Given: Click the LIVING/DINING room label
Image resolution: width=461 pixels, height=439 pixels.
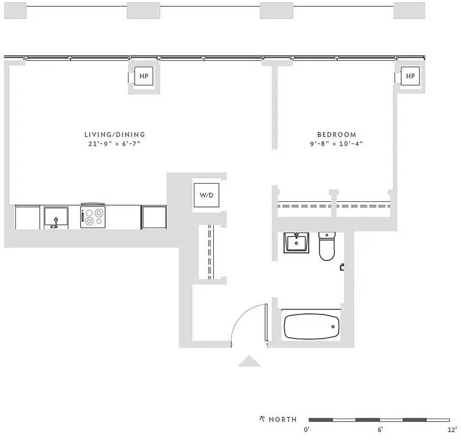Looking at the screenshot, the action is tap(115, 135).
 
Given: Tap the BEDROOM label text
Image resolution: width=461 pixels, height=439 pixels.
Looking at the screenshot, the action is tap(337, 135).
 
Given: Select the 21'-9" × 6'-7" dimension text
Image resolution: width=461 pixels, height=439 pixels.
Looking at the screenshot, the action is tap(114, 144).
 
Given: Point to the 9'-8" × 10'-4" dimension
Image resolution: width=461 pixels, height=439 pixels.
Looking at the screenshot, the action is tap(337, 144).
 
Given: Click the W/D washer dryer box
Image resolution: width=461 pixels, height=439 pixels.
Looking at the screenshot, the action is tap(206, 195).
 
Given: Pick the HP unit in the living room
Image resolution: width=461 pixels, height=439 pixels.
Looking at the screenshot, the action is tap(144, 76).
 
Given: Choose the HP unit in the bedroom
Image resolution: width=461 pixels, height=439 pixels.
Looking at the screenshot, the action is tap(410, 76).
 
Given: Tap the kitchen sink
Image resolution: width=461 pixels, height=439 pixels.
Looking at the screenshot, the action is tap(56, 218).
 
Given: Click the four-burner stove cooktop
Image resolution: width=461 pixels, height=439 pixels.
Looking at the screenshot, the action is tap(93, 216).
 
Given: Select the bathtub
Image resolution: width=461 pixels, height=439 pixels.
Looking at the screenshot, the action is tap(312, 326).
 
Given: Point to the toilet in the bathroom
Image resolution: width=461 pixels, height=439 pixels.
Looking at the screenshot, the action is tap(327, 246).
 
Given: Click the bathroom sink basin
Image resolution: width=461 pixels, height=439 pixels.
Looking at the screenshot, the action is tap(296, 243).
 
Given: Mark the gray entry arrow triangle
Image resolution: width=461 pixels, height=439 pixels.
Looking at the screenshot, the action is tap(250, 361).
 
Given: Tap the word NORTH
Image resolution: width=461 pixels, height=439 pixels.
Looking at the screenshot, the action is tap(283, 420).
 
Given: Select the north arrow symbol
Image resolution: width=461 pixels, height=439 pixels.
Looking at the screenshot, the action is tap(263, 419).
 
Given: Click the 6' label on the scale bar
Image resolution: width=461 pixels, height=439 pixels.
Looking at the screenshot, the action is tap(380, 430).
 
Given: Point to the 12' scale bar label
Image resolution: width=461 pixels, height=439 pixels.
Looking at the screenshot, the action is tap(452, 430).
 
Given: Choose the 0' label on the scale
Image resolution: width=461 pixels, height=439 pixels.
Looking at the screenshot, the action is tap(306, 430).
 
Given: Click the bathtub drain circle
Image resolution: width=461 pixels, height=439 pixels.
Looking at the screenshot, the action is tap(333, 326).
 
